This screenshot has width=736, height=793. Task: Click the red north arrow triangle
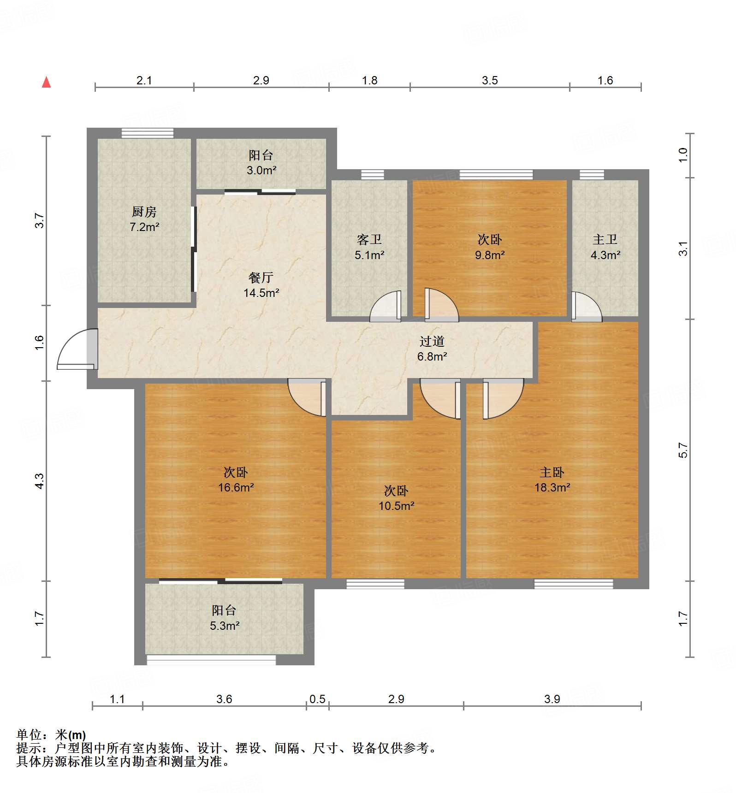[x=46, y=82]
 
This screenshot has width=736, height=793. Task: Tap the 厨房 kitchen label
[x=144, y=212]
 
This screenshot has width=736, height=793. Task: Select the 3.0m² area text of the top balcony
[x=261, y=170]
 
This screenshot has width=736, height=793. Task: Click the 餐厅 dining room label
[x=261, y=278]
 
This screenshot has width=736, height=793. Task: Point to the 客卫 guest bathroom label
[x=369, y=240]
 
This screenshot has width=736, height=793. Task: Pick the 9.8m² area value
[x=490, y=255]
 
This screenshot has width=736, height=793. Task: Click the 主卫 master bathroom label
[x=605, y=240]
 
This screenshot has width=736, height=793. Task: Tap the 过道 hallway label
[x=432, y=341]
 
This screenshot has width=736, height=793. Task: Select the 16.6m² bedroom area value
[x=236, y=487]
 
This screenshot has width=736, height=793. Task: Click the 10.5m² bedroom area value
[x=397, y=506]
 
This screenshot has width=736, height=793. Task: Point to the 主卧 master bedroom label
[x=552, y=472]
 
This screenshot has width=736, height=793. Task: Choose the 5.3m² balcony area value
[x=225, y=626]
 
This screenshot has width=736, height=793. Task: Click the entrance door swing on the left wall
[x=77, y=349]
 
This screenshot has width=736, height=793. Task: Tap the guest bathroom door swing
[x=386, y=306]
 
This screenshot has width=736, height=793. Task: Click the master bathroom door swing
[x=587, y=307]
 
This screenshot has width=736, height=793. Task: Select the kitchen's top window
[x=148, y=133]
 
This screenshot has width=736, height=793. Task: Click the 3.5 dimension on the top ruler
[x=490, y=81]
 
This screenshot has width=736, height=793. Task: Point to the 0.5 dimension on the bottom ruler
[x=317, y=699]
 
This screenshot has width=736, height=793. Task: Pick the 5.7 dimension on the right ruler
[x=683, y=450]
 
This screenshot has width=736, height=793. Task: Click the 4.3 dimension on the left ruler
[x=40, y=481]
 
